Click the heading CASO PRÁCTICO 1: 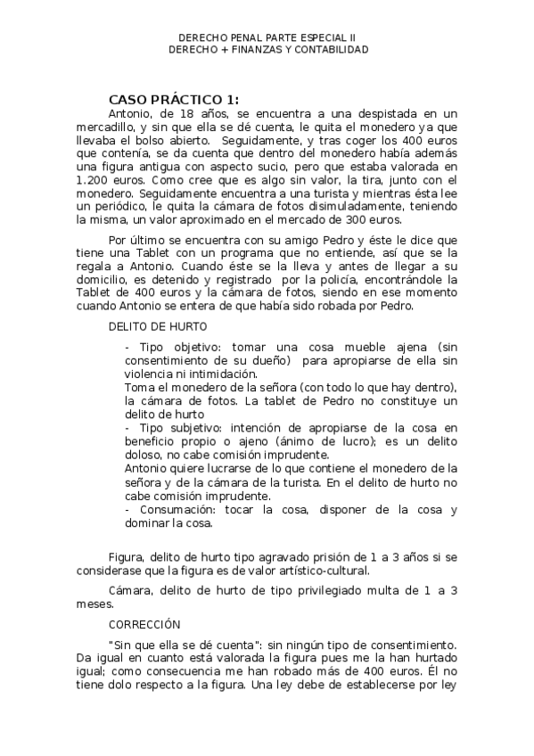173,99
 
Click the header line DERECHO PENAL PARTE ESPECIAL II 267,38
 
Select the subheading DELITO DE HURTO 158,326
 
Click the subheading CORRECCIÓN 144,625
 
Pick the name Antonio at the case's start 131,114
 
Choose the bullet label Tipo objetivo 173,346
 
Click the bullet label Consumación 178,509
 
